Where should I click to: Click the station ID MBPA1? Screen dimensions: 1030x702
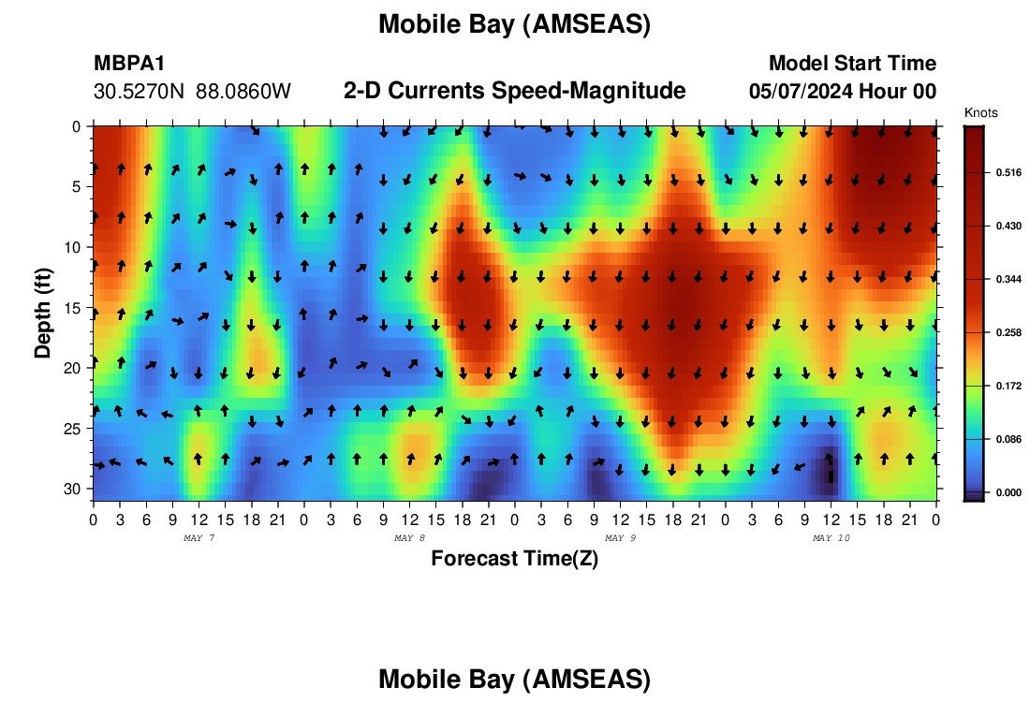(x=129, y=63)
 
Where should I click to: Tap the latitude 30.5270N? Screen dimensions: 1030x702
(x=139, y=92)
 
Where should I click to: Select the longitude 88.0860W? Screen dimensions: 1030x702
(x=243, y=92)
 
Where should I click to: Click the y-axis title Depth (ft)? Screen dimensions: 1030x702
(x=43, y=313)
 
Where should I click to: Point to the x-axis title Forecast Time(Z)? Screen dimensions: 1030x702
(x=514, y=558)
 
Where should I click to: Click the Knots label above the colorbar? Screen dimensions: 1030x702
(x=980, y=112)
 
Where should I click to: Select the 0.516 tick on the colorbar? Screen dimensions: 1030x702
(x=1008, y=173)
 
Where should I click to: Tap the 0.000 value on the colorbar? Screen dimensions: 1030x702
(x=1008, y=492)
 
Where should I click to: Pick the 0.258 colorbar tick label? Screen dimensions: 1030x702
(x=1008, y=333)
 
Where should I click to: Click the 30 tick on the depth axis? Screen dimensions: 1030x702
(x=72, y=490)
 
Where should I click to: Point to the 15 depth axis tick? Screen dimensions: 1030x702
(x=72, y=308)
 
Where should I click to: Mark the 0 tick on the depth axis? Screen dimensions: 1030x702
(x=77, y=126)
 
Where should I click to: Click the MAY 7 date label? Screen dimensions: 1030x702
(x=199, y=538)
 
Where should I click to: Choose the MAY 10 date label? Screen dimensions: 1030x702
(x=831, y=538)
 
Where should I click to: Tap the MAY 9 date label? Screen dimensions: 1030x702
(x=620, y=538)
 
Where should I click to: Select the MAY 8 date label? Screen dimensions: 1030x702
(x=409, y=538)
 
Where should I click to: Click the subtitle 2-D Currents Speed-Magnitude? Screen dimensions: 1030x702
(x=514, y=91)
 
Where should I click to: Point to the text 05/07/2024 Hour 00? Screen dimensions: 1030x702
(x=843, y=92)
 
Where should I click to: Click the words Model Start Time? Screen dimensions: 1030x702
(x=853, y=63)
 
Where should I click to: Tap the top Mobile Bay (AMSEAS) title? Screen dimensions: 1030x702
(x=514, y=25)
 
